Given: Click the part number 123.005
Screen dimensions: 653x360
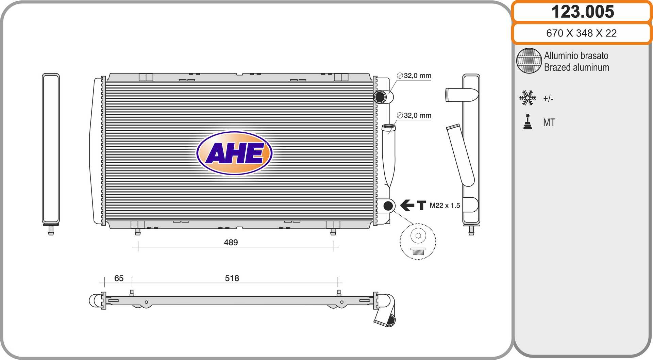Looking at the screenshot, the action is click(x=583, y=12).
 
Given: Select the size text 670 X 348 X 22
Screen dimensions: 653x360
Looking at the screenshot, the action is click(x=581, y=33).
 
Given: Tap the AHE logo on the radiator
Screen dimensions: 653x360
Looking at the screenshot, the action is click(x=234, y=153).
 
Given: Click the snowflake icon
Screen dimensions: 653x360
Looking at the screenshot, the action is click(x=528, y=98).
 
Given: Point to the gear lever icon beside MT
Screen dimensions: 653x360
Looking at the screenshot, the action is click(x=528, y=122).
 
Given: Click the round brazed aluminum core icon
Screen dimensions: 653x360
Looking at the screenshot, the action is click(x=529, y=61).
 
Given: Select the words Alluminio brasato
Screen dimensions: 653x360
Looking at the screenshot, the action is click(x=576, y=55).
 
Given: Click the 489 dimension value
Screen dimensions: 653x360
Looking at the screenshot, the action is click(x=231, y=242).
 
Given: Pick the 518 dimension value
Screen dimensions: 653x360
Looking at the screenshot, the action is click(x=232, y=278).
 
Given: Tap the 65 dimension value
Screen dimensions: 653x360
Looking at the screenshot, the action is click(x=119, y=278).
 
